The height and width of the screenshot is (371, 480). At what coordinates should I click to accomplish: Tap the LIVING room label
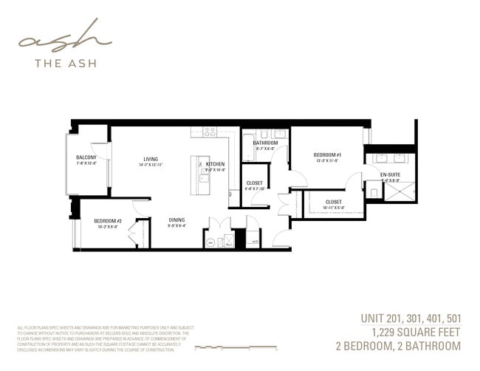tap(151, 158)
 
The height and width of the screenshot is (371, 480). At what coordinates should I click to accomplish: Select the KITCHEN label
tap(215, 163)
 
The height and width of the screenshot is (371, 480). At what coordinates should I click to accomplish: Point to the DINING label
tap(176, 219)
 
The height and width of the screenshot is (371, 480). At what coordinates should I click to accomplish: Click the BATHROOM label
tap(265, 143)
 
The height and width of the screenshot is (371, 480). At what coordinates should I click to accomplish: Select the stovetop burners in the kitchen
tap(209, 132)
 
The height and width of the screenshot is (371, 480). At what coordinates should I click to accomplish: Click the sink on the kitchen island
tap(201, 175)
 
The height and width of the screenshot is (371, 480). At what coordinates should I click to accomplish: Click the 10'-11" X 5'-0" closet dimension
tap(334, 208)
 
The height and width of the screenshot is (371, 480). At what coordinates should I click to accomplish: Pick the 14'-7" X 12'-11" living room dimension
tap(151, 165)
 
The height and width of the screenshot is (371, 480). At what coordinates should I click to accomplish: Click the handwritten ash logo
tap(65, 38)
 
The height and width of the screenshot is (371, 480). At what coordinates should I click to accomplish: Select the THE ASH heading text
tap(66, 63)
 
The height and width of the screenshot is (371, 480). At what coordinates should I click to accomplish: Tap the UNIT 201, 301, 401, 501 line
tap(411, 319)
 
